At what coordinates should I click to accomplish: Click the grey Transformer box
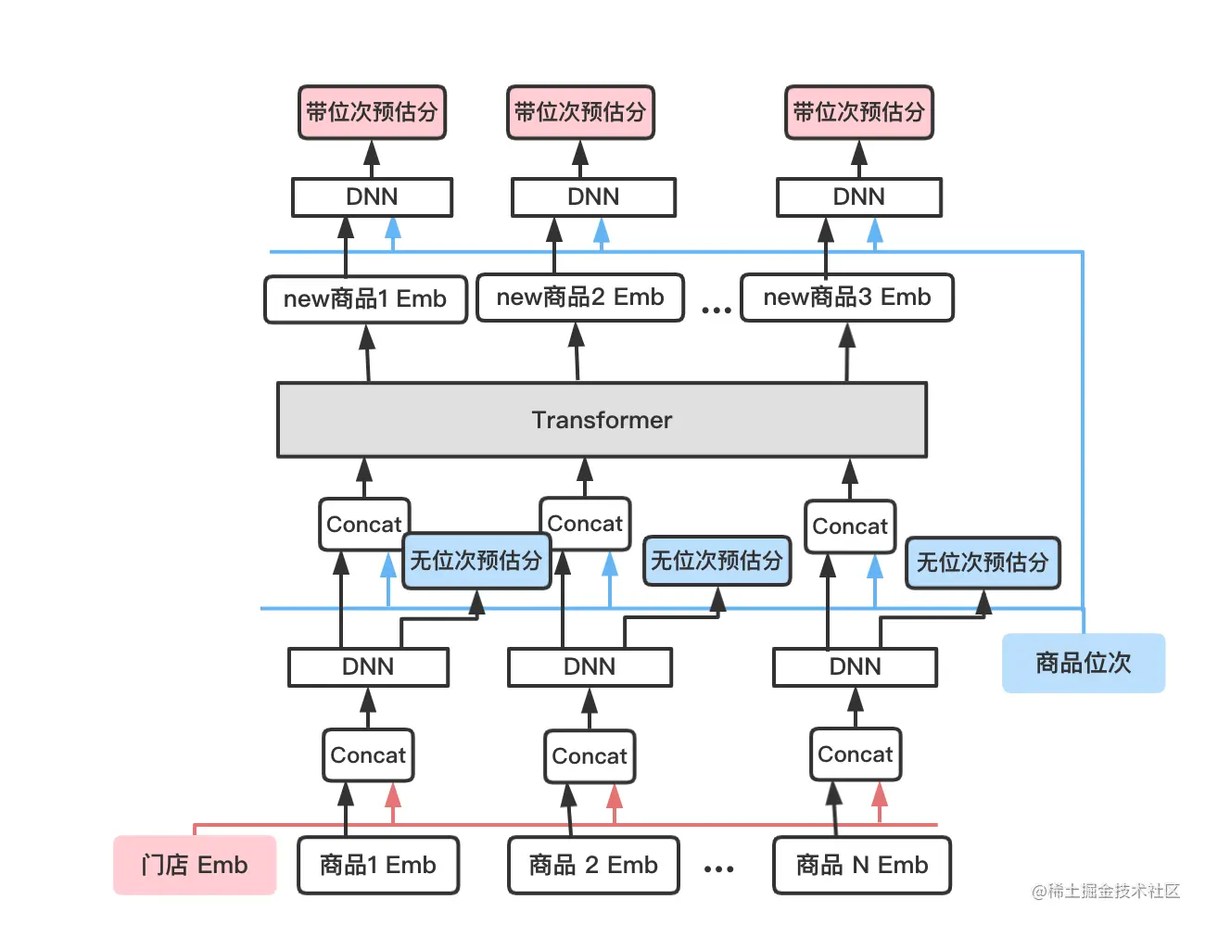pyautogui.click(x=602, y=420)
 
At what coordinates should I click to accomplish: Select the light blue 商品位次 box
pyautogui.click(x=1083, y=663)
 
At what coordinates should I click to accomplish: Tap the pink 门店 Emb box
pyautogui.click(x=195, y=865)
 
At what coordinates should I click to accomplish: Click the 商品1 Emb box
pyautogui.click(x=378, y=865)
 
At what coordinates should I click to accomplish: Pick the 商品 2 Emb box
pyautogui.click(x=593, y=865)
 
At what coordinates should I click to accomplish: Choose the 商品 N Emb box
pyautogui.click(x=862, y=865)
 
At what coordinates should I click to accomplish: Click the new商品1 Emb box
pyautogui.click(x=365, y=298)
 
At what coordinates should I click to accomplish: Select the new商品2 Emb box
pyautogui.click(x=580, y=297)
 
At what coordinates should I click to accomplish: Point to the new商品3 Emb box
pyautogui.click(x=847, y=297)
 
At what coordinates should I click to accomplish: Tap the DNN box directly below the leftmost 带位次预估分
pyautogui.click(x=372, y=196)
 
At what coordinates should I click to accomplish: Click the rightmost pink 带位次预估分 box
pyautogui.click(x=858, y=112)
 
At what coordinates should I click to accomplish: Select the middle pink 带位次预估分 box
pyautogui.click(x=580, y=112)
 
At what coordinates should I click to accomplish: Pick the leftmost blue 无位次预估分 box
pyautogui.click(x=476, y=561)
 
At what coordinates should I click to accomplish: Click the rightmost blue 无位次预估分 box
pyautogui.click(x=983, y=563)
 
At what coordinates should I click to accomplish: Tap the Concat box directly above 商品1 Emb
pyautogui.click(x=368, y=754)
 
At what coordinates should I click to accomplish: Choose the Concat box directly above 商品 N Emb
pyautogui.click(x=855, y=754)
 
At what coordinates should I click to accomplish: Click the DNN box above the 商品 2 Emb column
pyautogui.click(x=590, y=666)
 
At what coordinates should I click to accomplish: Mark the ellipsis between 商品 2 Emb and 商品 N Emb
pyautogui.click(x=718, y=868)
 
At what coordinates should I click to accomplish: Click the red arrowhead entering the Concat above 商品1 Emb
pyautogui.click(x=392, y=795)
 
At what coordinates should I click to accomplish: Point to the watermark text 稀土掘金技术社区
pyautogui.click(x=1112, y=891)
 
